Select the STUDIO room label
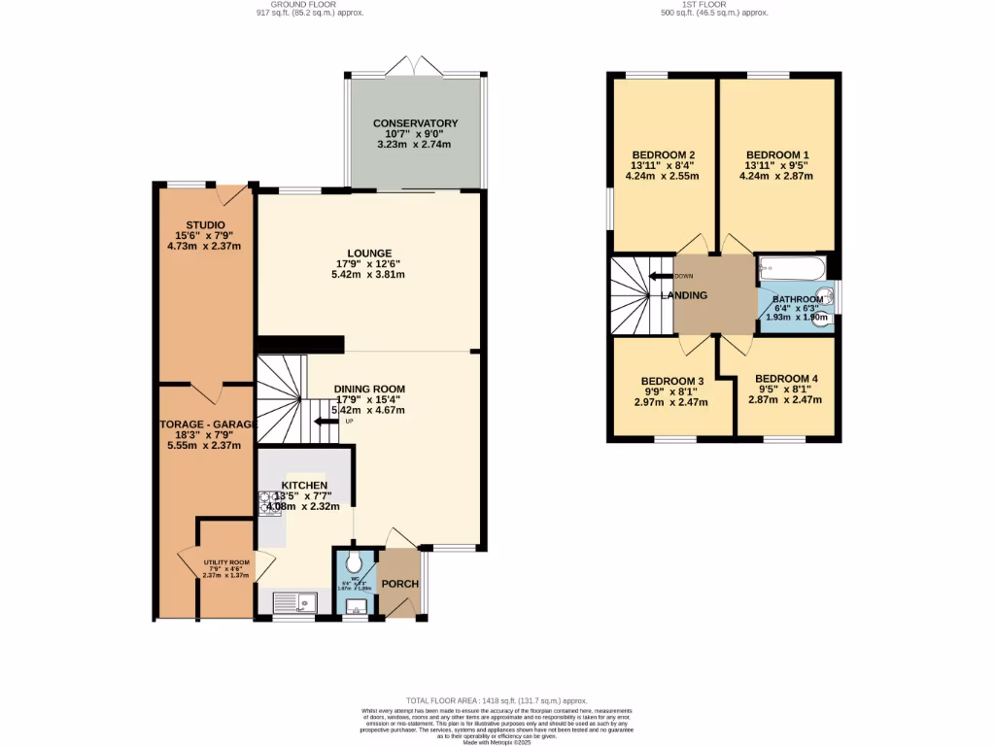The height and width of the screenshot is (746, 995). [x=205, y=225]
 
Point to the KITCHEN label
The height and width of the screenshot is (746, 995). [x=304, y=486]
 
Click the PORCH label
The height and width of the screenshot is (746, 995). [x=399, y=584]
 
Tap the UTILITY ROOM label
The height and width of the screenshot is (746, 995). [x=225, y=562]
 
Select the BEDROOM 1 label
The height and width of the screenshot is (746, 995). [x=776, y=154]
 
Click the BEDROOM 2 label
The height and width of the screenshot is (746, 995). [x=663, y=154]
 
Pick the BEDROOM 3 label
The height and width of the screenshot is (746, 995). [x=671, y=381]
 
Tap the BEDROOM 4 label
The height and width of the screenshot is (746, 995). [x=786, y=379]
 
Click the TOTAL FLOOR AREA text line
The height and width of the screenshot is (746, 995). [x=497, y=700]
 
